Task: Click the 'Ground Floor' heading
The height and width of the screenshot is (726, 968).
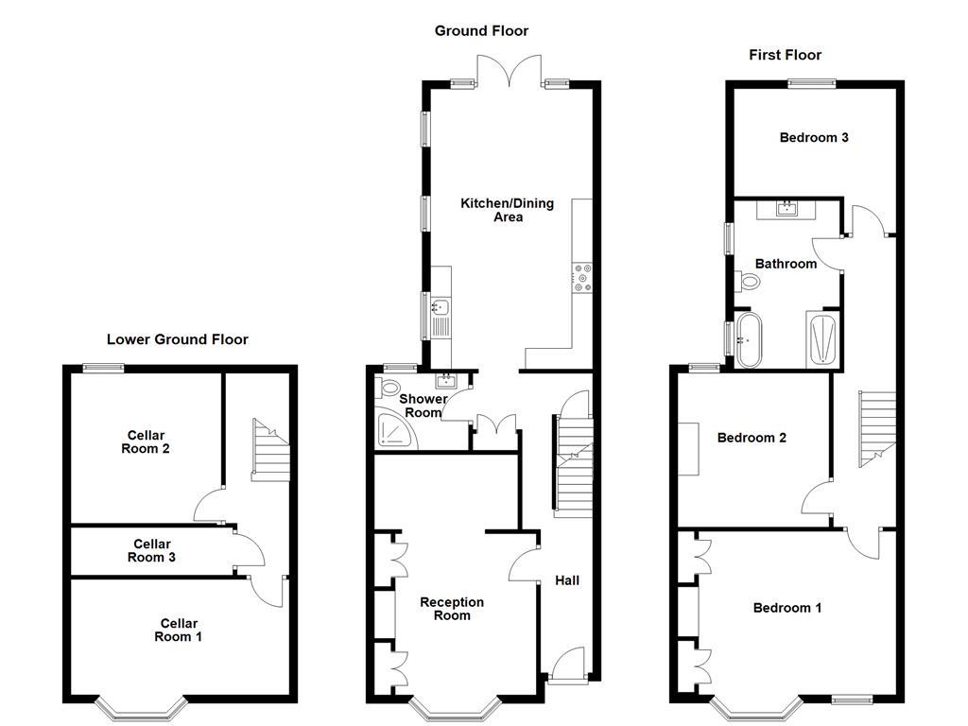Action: click(x=481, y=31)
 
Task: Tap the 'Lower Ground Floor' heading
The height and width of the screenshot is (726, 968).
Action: click(x=178, y=339)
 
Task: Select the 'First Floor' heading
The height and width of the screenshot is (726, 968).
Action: click(x=785, y=55)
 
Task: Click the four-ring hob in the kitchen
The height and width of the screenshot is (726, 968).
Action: click(x=581, y=276)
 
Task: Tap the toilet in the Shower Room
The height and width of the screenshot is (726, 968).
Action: click(x=387, y=389)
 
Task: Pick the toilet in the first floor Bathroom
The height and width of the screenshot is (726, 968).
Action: click(x=750, y=281)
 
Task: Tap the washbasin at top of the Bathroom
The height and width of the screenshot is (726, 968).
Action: click(x=787, y=208)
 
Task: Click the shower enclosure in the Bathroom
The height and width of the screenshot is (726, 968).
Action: click(x=821, y=337)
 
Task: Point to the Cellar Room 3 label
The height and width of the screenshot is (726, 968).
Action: click(x=152, y=550)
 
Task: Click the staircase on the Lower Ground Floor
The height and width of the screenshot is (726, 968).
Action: click(x=269, y=452)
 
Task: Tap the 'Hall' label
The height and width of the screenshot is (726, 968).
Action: click(x=567, y=580)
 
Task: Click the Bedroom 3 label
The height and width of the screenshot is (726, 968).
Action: click(x=814, y=137)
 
